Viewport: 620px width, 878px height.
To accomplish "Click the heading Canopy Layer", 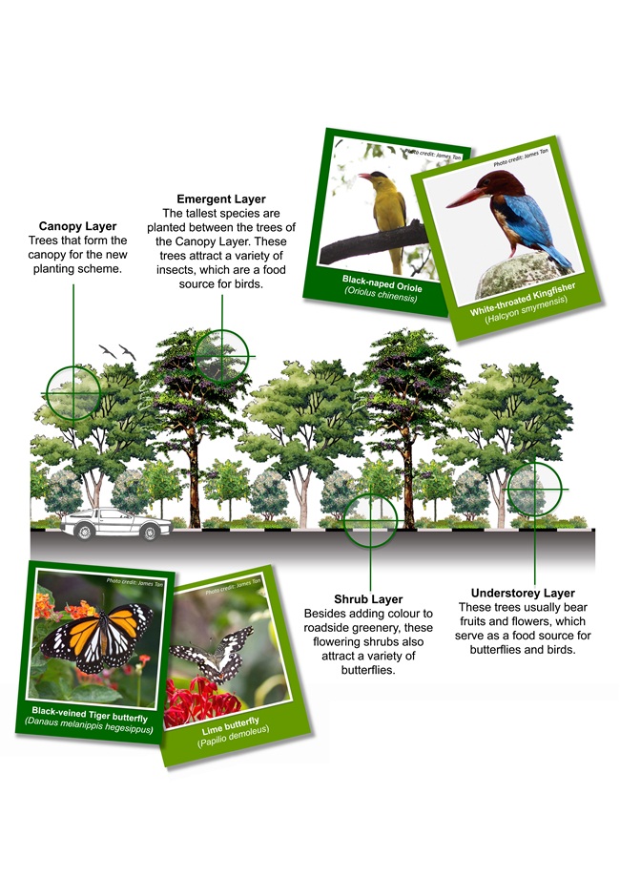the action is [78, 226].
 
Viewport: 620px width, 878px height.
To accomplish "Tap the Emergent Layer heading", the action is [221, 199].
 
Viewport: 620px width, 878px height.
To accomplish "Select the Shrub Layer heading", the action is [368, 599].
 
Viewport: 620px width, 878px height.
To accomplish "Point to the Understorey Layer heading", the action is [523, 593].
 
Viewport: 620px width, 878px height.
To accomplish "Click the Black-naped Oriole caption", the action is [382, 282].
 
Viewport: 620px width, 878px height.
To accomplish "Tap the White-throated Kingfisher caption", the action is [523, 299].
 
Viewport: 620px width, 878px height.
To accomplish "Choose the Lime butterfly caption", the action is [231, 726].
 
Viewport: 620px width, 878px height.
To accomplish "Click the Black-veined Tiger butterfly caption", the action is [90, 715].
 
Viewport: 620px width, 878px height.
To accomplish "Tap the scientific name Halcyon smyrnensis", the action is [526, 309].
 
